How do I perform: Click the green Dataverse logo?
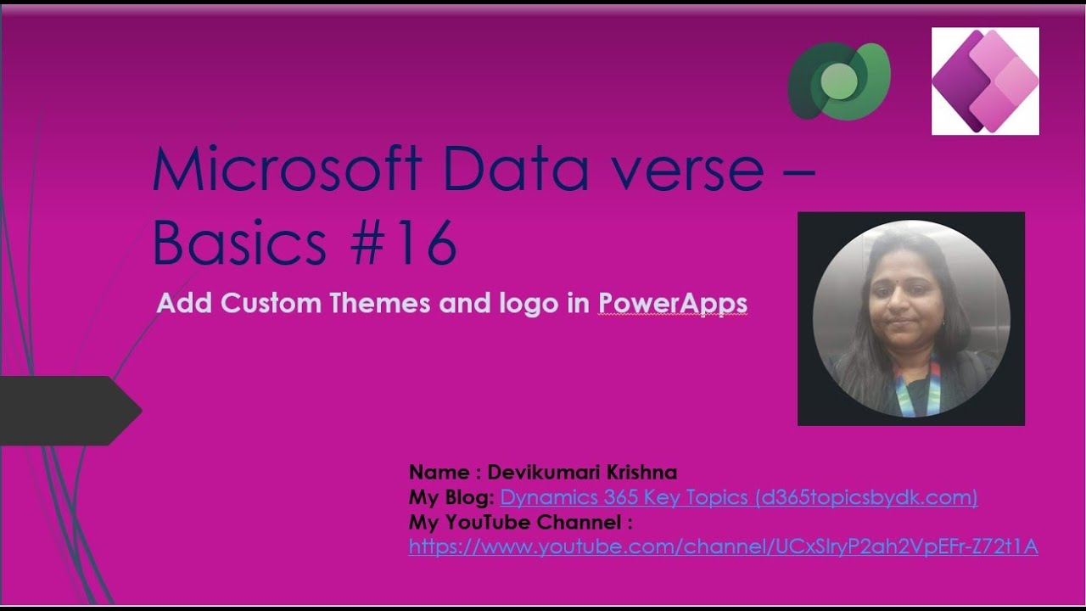coord(838,81)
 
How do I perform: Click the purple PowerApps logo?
coord(985,81)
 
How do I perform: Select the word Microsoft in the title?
coord(287,169)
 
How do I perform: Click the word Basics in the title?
coord(239,244)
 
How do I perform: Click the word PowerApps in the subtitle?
coord(673,304)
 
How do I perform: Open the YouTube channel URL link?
coord(723,547)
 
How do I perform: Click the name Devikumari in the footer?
coord(539,473)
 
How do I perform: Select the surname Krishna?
coord(637,473)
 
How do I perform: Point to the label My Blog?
coord(451,497)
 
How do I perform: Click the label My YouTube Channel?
coord(520,522)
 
